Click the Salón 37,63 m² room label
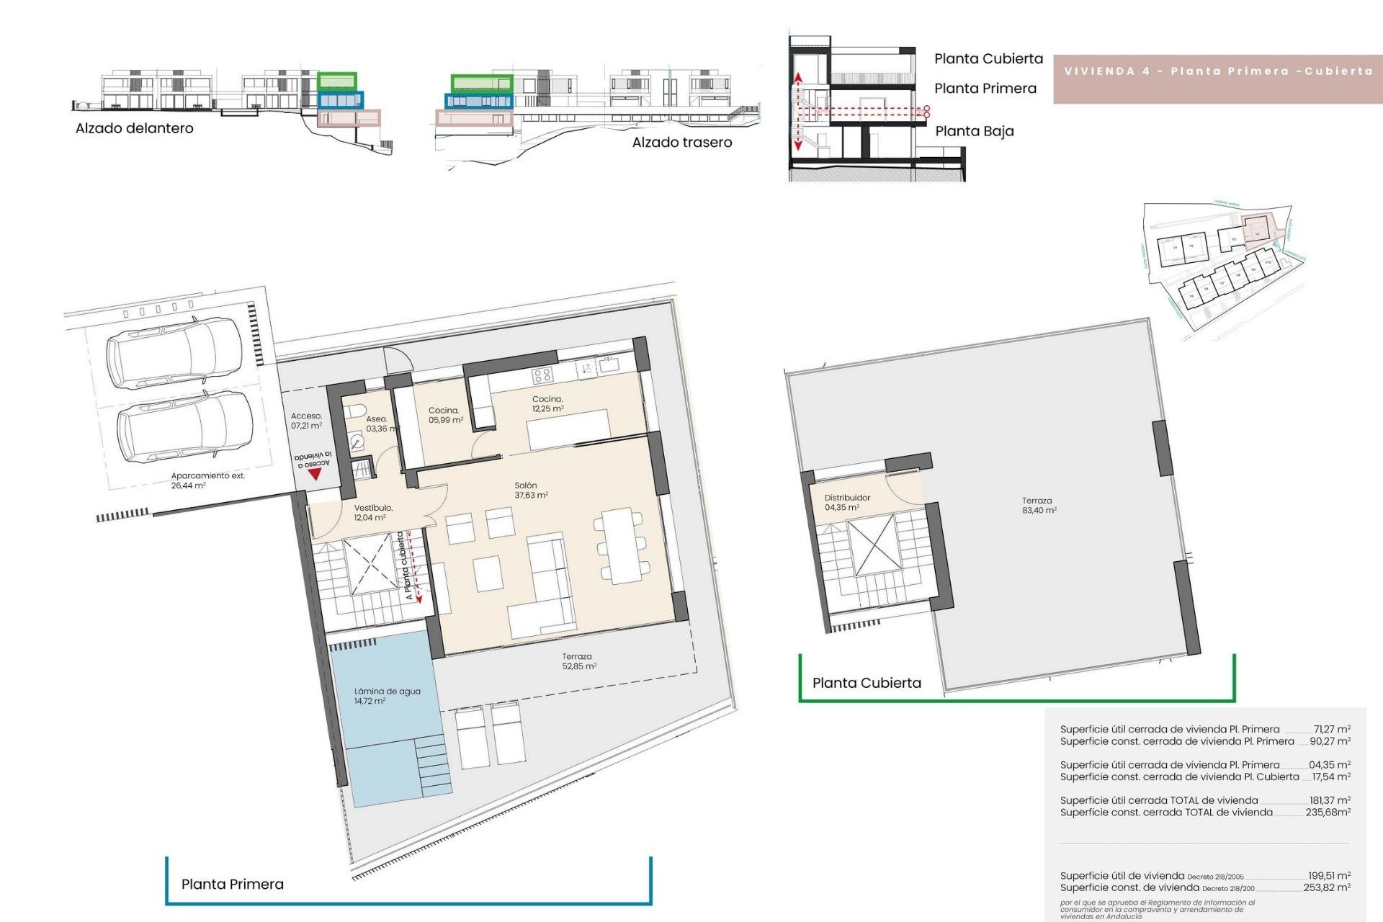531,491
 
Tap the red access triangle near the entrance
314,475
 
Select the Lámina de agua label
387,696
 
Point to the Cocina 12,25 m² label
547,403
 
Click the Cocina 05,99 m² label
445,415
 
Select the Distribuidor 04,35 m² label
846,502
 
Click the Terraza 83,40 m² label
1038,505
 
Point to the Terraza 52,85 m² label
578,661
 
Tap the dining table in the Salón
623,545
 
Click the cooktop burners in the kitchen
542,375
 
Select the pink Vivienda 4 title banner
1217,71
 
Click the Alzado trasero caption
681,143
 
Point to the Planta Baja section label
974,131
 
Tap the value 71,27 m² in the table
1331,729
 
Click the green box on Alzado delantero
337,80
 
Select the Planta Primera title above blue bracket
232,884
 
